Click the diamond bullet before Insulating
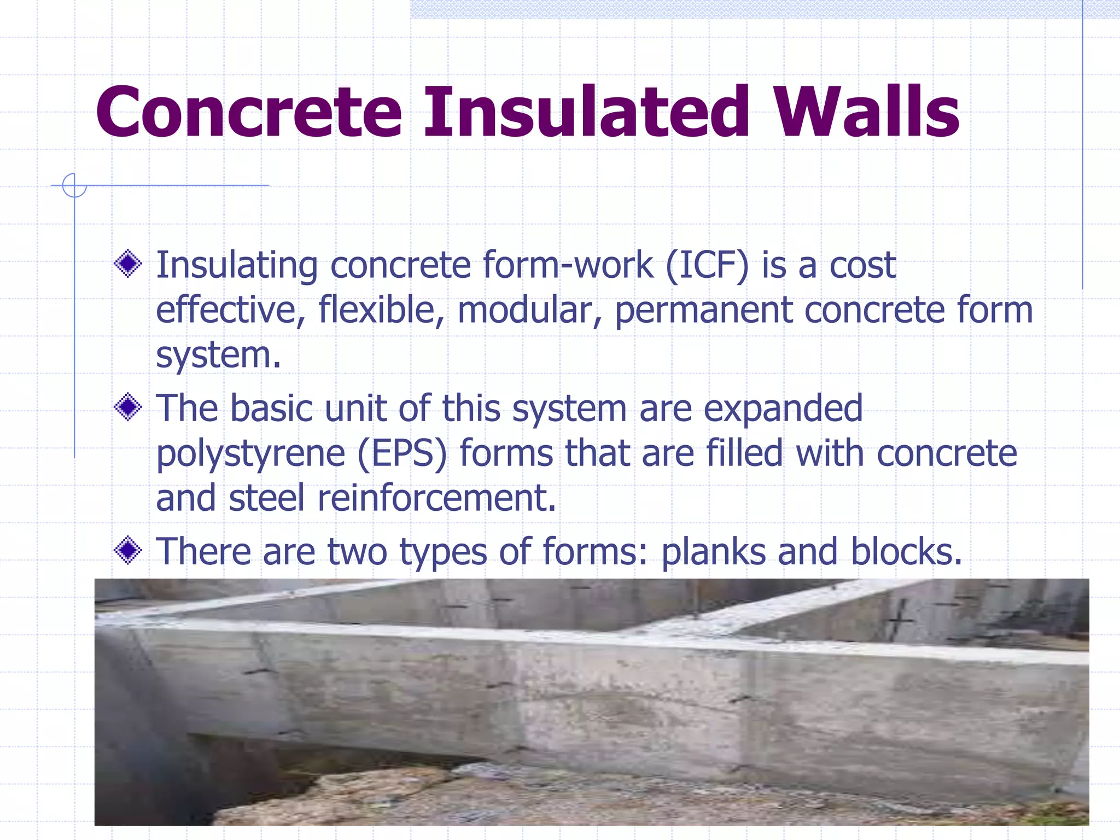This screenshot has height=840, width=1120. coord(129,264)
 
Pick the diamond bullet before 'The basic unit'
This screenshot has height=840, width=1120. coord(129,407)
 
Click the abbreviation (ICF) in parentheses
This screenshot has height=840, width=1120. coord(707,266)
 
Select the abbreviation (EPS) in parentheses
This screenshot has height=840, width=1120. coord(402,454)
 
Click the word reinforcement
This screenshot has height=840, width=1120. coord(436,498)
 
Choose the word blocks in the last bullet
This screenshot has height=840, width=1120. coord(905,551)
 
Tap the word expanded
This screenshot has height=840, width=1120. coord(783,409)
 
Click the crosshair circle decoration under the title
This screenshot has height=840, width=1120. coord(74,185)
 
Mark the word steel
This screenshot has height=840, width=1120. coord(266,498)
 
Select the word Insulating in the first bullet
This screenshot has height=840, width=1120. coord(236,266)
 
